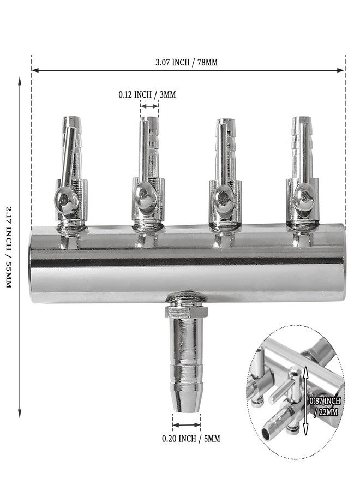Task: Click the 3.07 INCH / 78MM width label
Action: click(187, 62)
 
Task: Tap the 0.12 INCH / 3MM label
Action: click(147, 94)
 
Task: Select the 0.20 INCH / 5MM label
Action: click(191, 439)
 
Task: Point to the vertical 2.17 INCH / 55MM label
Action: click(9, 247)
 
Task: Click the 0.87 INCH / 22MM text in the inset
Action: click(325, 406)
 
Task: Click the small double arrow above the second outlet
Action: click(149, 106)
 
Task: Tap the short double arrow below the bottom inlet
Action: click(187, 425)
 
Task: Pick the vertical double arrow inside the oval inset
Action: click(306, 402)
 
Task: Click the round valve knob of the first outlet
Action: click(65, 200)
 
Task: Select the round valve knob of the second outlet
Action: click(145, 198)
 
